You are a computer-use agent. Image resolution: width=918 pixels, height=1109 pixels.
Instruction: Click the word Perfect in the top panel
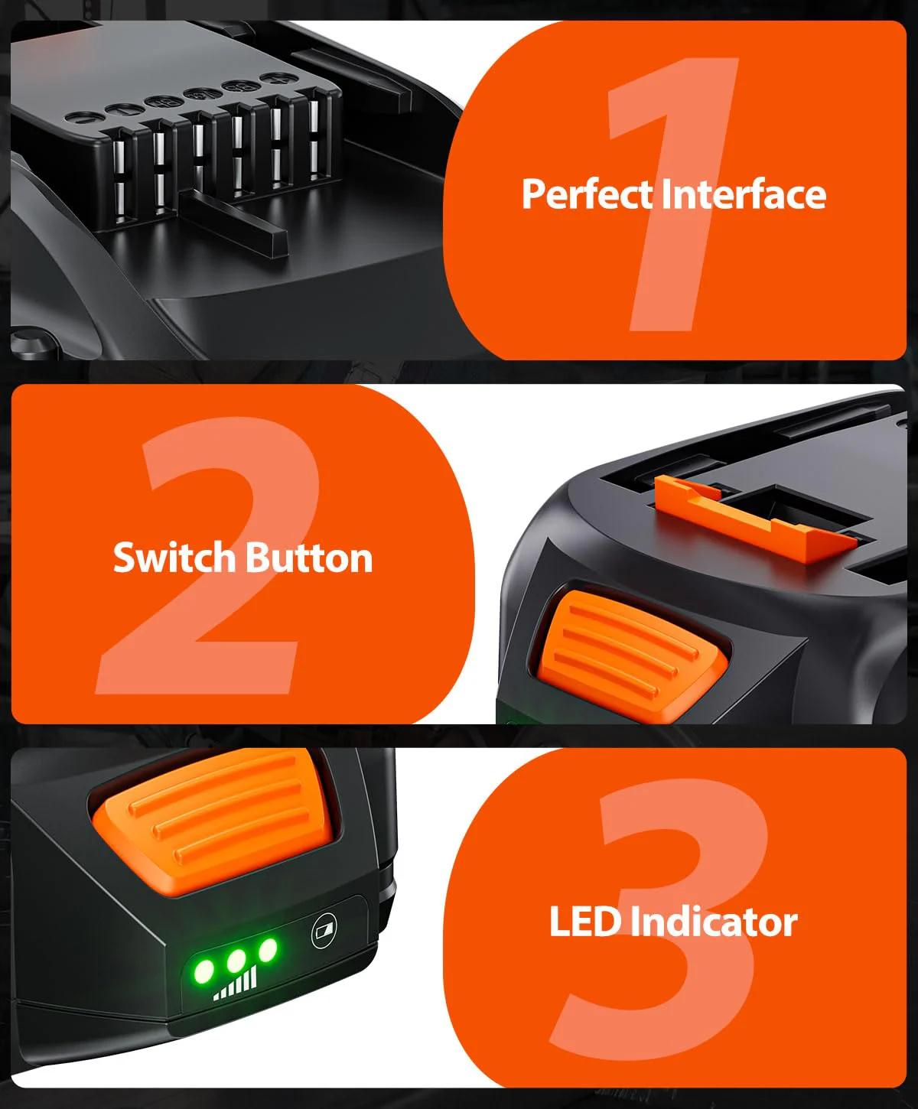pyautogui.click(x=587, y=194)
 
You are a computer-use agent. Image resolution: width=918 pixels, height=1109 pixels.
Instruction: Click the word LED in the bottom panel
pyautogui.click(x=585, y=922)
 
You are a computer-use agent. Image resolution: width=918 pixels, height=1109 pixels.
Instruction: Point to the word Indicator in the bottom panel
pyautogui.click(x=714, y=922)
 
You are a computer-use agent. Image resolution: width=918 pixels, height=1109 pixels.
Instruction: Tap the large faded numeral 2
pyautogui.click(x=208, y=555)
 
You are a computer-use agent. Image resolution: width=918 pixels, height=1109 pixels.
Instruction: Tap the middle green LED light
pyautogui.click(x=236, y=961)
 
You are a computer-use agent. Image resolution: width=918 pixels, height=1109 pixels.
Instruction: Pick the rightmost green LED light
pyautogui.click(x=268, y=950)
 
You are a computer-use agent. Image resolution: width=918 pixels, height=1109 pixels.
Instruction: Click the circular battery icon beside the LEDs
pyautogui.click(x=324, y=931)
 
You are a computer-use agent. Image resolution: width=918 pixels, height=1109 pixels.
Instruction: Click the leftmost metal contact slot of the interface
pyautogui.click(x=120, y=178)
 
